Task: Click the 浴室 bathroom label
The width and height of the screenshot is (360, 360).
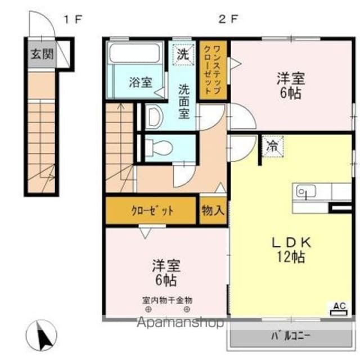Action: click(140, 83)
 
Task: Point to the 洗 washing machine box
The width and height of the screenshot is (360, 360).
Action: click(183, 55)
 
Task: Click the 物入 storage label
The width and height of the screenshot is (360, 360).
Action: click(214, 211)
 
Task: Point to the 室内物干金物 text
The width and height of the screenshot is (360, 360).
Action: click(166, 300)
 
